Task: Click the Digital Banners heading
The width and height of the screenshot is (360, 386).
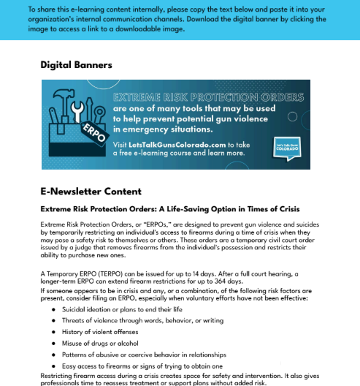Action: [x=76, y=65]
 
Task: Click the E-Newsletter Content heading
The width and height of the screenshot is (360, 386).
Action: [x=91, y=192]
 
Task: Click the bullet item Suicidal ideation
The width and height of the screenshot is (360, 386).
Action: [x=123, y=309]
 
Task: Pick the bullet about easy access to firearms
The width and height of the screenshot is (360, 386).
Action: [x=142, y=366]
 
